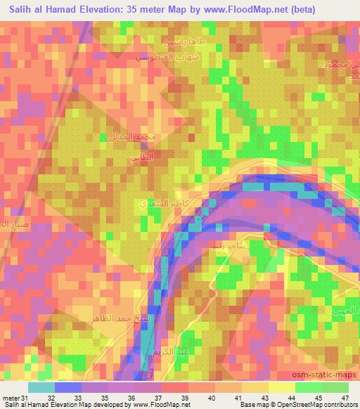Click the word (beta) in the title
click(298, 9)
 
